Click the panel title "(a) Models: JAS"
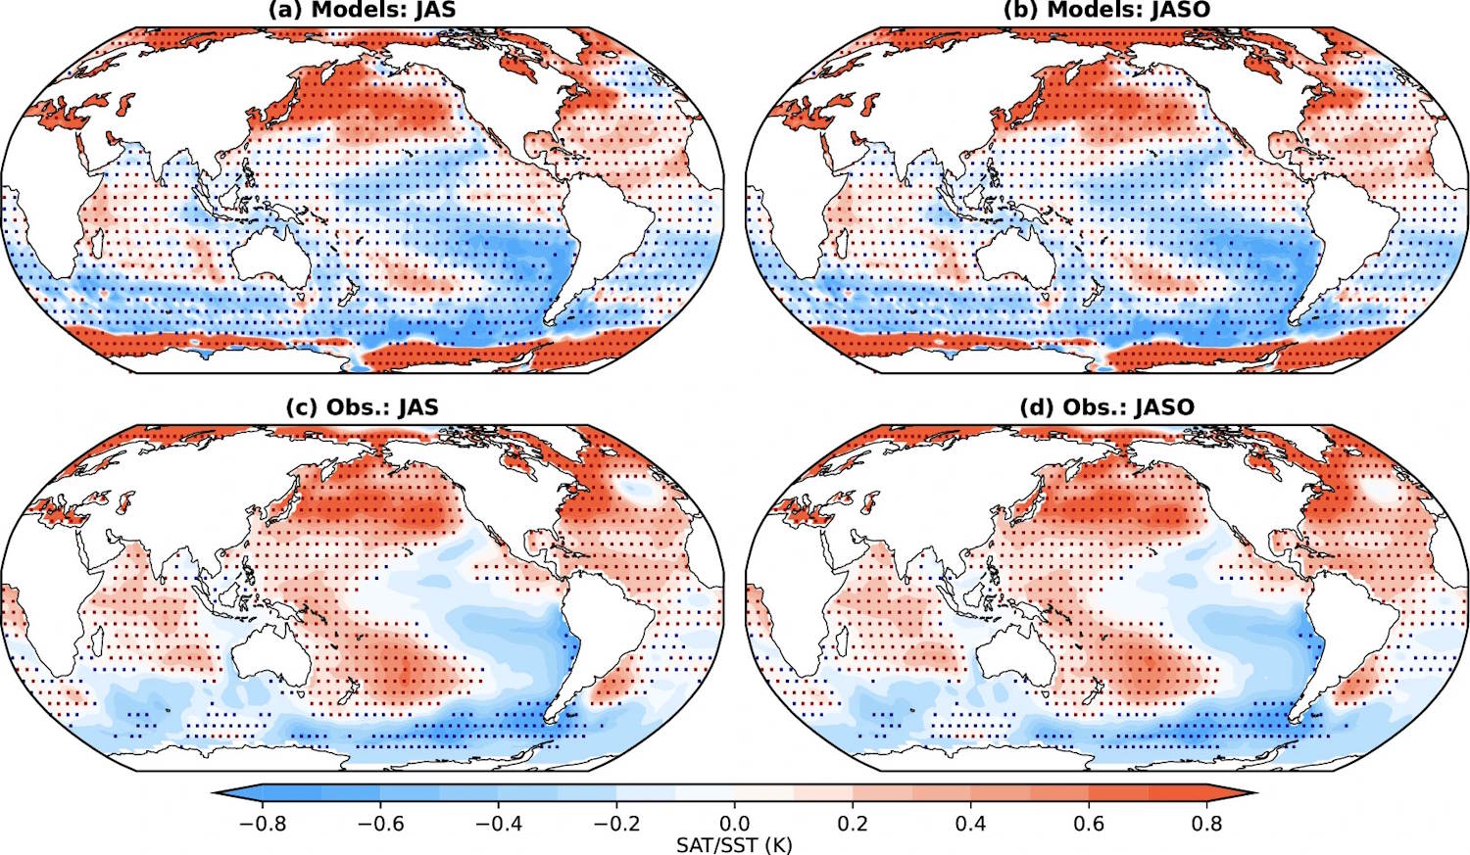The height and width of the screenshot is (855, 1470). [362, 10]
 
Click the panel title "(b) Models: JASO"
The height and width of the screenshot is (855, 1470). [1106, 10]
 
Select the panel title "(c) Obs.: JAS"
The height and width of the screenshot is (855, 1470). [362, 407]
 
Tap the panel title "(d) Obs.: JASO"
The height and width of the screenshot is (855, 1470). [1106, 407]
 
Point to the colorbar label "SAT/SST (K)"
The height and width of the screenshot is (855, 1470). [734, 844]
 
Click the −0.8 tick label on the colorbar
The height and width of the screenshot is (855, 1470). [263, 824]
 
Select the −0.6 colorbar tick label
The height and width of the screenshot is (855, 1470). [380, 824]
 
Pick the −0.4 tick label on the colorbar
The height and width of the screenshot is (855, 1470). [499, 824]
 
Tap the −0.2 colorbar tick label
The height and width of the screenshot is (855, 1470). [616, 824]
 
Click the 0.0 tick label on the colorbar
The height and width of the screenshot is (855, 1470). [735, 824]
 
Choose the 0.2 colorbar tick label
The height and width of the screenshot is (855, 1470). [853, 824]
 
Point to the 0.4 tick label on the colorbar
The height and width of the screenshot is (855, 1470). [970, 824]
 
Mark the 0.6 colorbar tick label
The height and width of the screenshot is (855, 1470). [1089, 824]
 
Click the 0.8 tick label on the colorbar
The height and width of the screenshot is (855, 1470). [1206, 824]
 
